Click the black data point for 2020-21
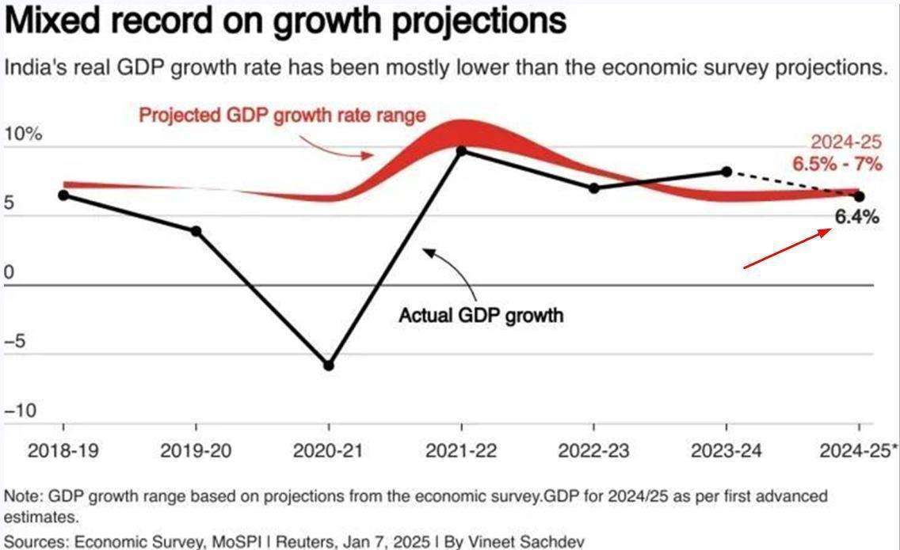click(329, 366)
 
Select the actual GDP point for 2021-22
click(462, 150)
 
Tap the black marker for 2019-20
click(196, 231)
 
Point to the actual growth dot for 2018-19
click(63, 195)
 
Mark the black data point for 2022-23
click(594, 188)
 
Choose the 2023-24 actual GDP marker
click(726, 171)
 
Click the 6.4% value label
click(856, 218)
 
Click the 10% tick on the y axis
click(23, 134)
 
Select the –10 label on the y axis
click(21, 411)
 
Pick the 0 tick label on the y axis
click(10, 273)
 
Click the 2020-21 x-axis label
click(329, 451)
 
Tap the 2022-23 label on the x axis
click(594, 451)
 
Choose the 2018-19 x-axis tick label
click(63, 451)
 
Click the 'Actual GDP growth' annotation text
click(481, 315)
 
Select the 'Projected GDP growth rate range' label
click(282, 115)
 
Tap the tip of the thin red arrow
click(831, 229)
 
